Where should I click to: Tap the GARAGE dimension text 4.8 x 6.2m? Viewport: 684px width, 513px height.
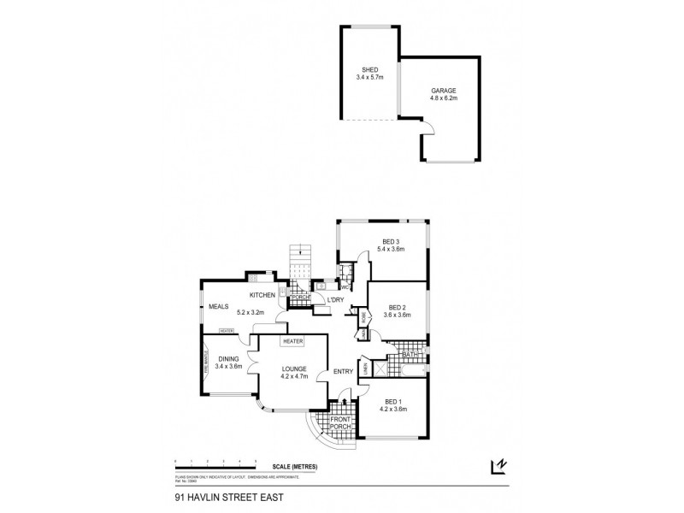pyautogui.click(x=444, y=98)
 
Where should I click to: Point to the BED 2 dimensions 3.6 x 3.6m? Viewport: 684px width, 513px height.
pyautogui.click(x=398, y=315)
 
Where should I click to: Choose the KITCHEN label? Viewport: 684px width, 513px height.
pyautogui.click(x=262, y=295)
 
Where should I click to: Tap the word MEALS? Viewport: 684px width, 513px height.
pyautogui.click(x=216, y=306)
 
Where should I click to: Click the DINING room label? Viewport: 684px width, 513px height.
pyautogui.click(x=228, y=358)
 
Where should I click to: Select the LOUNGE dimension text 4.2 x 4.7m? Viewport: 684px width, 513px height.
pyautogui.click(x=293, y=376)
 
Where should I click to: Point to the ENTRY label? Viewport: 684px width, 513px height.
pyautogui.click(x=343, y=372)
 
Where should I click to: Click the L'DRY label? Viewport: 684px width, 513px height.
pyautogui.click(x=334, y=299)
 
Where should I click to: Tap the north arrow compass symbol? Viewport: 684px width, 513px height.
pyautogui.click(x=497, y=466)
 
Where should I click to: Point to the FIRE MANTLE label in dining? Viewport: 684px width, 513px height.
pyautogui.click(x=205, y=366)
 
